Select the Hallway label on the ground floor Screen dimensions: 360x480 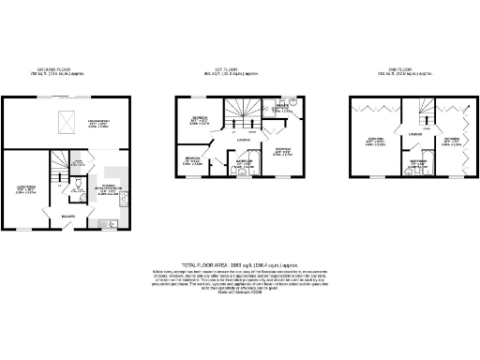click(x=67, y=217)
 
